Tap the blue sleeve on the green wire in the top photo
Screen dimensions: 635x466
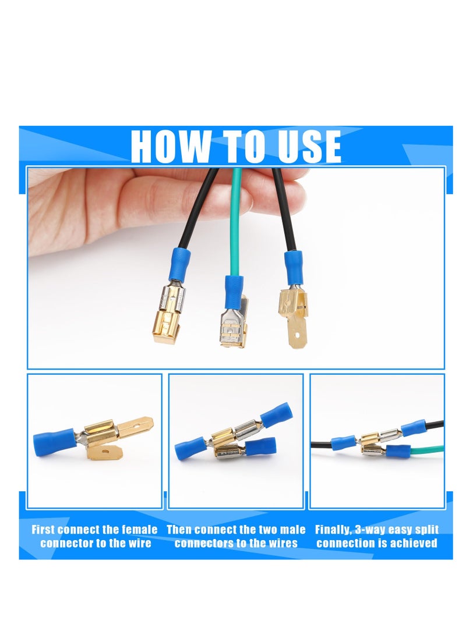[x=234, y=291]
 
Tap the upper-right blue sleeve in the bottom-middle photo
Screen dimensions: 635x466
[x=275, y=415]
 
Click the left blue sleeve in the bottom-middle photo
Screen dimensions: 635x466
[x=190, y=448]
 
